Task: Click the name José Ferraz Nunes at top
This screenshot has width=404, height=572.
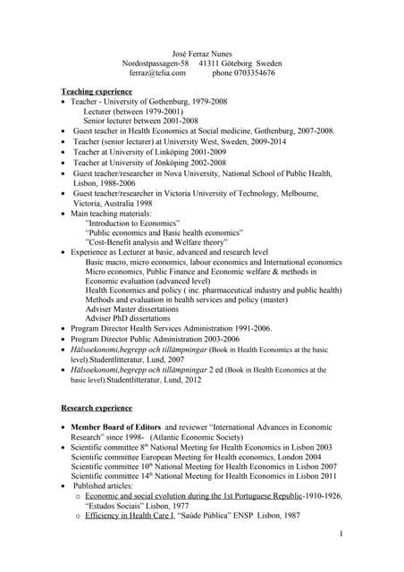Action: pos(202,55)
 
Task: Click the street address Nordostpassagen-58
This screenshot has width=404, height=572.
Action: pos(156,64)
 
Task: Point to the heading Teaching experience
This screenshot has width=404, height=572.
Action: pos(97,92)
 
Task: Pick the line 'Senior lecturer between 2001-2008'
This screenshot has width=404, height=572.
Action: pos(140,121)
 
